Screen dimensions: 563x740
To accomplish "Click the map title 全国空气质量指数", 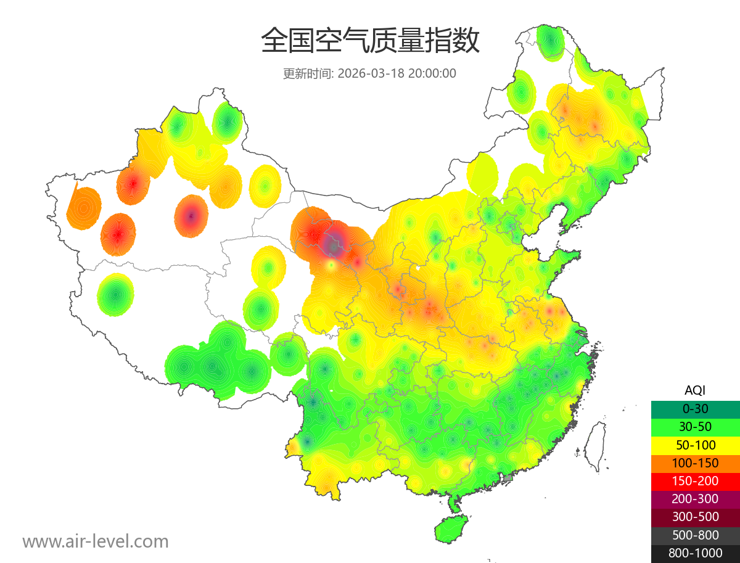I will [370, 41].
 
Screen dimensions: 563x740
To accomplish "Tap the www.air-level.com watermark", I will [96, 541].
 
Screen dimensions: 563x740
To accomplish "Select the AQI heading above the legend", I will [695, 390].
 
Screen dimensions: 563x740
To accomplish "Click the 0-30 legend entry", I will [695, 409].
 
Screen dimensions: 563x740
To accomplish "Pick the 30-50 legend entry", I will [695, 427].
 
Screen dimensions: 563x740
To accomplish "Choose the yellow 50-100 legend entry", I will [695, 445].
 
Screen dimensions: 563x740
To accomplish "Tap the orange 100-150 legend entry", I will [695, 463].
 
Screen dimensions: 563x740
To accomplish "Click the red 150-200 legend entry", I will [695, 481].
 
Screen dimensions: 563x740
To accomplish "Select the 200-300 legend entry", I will [695, 499].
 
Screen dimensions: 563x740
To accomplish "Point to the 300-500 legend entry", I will [695, 517].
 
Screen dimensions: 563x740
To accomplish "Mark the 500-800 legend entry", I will [695, 535].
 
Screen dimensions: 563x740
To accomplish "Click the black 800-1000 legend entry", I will [695, 553].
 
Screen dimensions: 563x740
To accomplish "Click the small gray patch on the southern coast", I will [508, 478].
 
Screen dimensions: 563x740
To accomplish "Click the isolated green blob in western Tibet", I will [115, 295].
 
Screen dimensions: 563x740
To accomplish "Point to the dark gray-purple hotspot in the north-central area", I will [334, 245].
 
